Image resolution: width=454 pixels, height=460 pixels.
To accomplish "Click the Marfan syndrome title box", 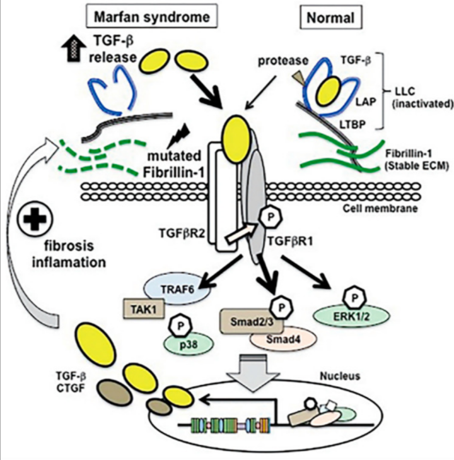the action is pyautogui.click(x=151, y=16).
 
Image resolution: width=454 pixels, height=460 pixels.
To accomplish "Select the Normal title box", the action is pyautogui.click(x=330, y=17).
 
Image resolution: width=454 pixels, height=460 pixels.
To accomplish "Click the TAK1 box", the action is pyautogui.click(x=144, y=309).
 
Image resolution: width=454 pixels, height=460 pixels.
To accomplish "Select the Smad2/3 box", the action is pyautogui.click(x=252, y=322).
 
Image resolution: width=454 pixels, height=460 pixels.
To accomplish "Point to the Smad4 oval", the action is pyautogui.click(x=283, y=338).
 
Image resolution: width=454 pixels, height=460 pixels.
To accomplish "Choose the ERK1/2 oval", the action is pyautogui.click(x=351, y=316).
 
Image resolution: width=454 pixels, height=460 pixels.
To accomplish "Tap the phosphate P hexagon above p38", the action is pyautogui.click(x=180, y=326).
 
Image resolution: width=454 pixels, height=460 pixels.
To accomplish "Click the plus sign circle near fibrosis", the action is pyautogui.click(x=35, y=219).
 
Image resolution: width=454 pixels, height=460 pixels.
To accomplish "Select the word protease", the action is pyautogui.click(x=283, y=61).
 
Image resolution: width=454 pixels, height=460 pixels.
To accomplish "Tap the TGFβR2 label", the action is pyautogui.click(x=182, y=234).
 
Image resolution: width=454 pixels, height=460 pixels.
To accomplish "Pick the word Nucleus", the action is pyautogui.click(x=340, y=376).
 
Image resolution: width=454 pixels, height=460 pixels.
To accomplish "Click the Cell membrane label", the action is pyautogui.click(x=380, y=208).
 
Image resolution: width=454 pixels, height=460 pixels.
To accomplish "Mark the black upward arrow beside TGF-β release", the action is pyautogui.click(x=73, y=50).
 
